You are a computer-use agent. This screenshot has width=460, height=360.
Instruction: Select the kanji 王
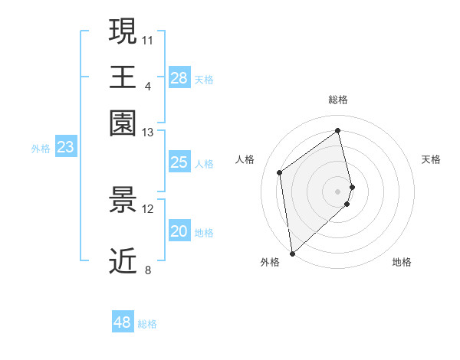pyautogui.click(x=123, y=77)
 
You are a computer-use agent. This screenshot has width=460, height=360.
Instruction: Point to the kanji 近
pyautogui.click(x=123, y=260)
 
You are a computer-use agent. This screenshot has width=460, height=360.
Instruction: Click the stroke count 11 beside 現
pyautogui.click(x=148, y=39)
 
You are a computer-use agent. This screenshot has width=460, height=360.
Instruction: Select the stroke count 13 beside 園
pyautogui.click(x=148, y=133)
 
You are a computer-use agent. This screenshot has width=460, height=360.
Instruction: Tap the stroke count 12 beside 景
pyautogui.click(x=148, y=208)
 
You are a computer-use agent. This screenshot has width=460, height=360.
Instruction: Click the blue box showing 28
pyautogui.click(x=179, y=77)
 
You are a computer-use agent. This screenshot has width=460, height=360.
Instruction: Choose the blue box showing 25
pyautogui.click(x=179, y=162)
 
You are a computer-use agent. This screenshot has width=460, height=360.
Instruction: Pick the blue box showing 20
pyautogui.click(x=179, y=232)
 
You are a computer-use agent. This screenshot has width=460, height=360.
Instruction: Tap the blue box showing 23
pyautogui.click(x=65, y=147)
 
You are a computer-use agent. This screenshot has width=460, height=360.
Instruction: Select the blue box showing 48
pyautogui.click(x=123, y=322)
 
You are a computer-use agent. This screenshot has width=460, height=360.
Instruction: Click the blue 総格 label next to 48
pyautogui.click(x=147, y=324)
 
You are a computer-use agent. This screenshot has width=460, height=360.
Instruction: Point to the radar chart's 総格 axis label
pyautogui.click(x=338, y=100)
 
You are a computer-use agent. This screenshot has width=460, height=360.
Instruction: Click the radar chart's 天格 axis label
pyautogui.click(x=432, y=159)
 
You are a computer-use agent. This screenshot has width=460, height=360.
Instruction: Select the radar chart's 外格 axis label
pyautogui.click(x=270, y=262)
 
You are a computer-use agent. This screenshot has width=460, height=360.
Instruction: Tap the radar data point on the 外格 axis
pyautogui.click(x=292, y=253)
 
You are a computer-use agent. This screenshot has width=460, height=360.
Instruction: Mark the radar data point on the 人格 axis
pyautogui.click(x=280, y=172)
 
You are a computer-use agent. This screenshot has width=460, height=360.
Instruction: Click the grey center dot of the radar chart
pyautogui.click(x=338, y=191)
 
